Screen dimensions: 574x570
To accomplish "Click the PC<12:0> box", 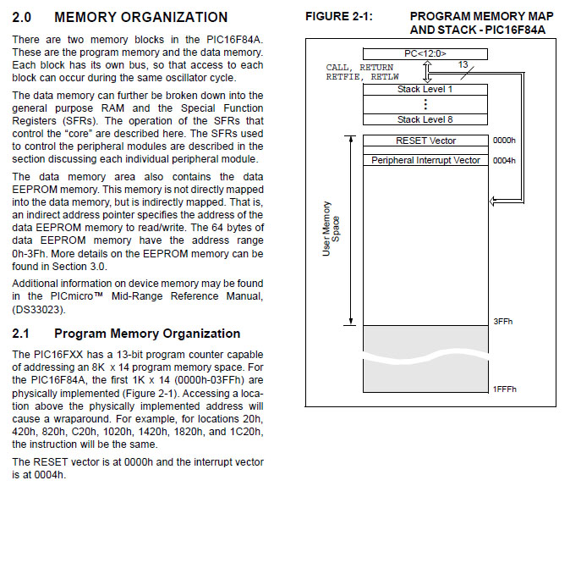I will [425, 54].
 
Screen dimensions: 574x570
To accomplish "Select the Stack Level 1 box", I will [425, 89].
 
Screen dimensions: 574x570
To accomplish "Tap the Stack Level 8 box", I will [425, 119].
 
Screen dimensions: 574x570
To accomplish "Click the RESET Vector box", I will [425, 141].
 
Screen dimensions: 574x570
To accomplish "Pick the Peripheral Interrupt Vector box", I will [425, 160].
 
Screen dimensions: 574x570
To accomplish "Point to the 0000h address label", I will [504, 141].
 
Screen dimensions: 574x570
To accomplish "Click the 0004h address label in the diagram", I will [504, 160].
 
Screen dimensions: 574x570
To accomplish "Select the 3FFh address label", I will [502, 322].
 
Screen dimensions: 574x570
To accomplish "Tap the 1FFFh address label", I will [504, 389].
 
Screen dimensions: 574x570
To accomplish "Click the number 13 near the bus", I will [463, 64].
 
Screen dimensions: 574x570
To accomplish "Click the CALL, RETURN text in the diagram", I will [359, 67].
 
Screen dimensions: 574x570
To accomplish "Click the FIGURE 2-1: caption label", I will [338, 17].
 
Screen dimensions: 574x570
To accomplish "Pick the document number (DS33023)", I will [39, 309].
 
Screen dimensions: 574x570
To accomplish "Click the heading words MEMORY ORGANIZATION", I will [140, 17].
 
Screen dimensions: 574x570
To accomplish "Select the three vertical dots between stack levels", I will [425, 104].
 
